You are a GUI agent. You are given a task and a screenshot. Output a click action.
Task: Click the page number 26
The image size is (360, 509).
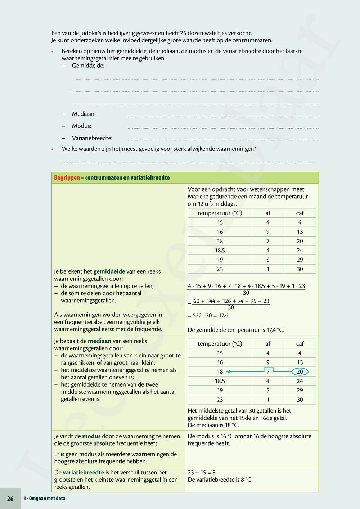coord(10,499)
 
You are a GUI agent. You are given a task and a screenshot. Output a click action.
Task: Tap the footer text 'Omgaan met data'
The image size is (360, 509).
coord(46,499)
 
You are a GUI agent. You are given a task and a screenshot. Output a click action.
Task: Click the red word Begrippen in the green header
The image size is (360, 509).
coord(67,178)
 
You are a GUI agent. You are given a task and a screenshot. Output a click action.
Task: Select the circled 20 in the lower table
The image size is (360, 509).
coord(300,372)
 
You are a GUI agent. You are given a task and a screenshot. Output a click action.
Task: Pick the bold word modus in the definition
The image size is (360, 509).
coord(91,436)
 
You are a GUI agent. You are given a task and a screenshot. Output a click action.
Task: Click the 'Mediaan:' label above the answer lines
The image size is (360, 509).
coord(84,114)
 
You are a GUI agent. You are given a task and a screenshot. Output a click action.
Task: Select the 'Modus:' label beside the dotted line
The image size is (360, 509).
coord(81,126)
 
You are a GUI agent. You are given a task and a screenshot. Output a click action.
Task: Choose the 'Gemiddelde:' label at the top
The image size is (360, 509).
coord(88,66)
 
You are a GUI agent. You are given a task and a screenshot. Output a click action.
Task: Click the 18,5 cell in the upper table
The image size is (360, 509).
coord(220,251)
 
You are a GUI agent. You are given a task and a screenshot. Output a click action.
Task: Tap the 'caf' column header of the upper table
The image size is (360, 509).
coord(300,213)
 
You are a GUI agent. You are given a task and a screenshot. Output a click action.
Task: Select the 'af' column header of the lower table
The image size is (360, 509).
coord(268,344)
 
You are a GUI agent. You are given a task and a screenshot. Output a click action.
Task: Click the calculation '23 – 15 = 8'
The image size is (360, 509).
coord(202,473)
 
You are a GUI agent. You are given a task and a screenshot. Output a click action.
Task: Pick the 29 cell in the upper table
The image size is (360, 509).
coord(300,260)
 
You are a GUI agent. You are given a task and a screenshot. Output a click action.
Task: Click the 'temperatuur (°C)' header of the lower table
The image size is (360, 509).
coord(220,344)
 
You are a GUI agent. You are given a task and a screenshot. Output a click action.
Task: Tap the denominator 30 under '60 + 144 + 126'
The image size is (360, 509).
coord(231,307)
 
